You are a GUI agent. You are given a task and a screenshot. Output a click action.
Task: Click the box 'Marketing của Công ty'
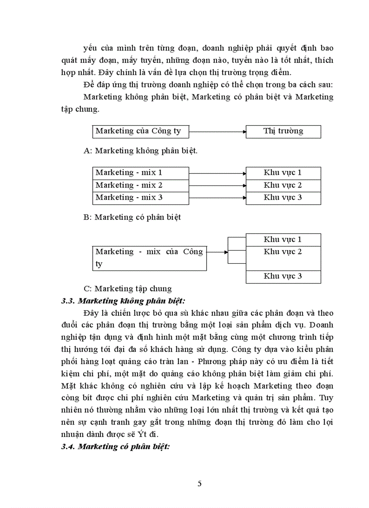pyautogui.click(x=141, y=132)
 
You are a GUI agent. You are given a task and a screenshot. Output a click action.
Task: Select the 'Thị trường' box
pyautogui.click(x=283, y=132)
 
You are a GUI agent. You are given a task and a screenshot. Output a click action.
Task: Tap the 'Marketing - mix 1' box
pyautogui.click(x=141, y=173)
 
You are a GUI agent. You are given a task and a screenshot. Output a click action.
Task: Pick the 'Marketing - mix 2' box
pyautogui.click(x=141, y=185)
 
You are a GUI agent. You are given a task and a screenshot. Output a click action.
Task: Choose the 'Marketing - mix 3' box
pyautogui.click(x=141, y=198)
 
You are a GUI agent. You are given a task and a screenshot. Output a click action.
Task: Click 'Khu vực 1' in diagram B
pyautogui.click(x=283, y=173)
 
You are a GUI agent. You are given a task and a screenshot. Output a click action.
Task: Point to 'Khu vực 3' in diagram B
pyautogui.click(x=283, y=198)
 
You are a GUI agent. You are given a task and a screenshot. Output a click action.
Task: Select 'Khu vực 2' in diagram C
pyautogui.click(x=283, y=252)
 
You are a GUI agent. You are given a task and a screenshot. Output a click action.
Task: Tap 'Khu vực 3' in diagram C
pyautogui.click(x=283, y=276)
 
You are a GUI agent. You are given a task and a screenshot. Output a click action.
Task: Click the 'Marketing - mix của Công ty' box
pyautogui.click(x=150, y=258)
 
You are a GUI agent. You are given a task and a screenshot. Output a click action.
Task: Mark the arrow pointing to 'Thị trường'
pyautogui.click(x=217, y=132)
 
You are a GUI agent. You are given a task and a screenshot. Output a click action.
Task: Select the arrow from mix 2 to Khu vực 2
pyautogui.click(x=217, y=185)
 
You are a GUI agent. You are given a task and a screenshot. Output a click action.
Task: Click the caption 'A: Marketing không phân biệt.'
pyautogui.click(x=141, y=152)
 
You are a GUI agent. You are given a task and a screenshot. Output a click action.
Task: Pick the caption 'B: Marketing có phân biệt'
pyautogui.click(x=132, y=218)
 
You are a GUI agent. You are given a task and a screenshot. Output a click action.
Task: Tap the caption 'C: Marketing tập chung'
pyautogui.click(x=128, y=289)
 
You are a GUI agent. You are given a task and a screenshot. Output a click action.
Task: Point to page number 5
pyautogui.click(x=199, y=484)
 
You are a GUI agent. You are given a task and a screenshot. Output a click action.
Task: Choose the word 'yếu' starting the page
pyautogui.click(x=90, y=47)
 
